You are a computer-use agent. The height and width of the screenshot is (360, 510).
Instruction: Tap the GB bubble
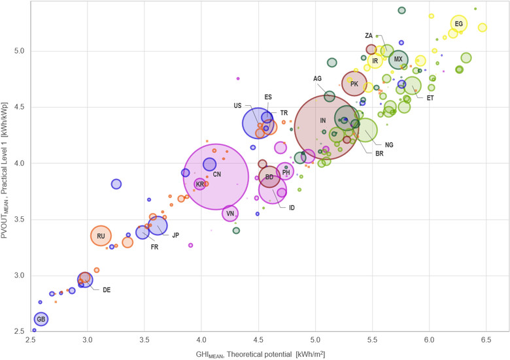(x=41, y=319)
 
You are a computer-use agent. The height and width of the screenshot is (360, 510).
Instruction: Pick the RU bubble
(x=101, y=236)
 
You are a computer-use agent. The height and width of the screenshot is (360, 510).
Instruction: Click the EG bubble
(x=459, y=24)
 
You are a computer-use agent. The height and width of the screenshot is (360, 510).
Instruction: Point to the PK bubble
(x=354, y=84)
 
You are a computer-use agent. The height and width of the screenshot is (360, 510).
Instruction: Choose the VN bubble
(x=229, y=213)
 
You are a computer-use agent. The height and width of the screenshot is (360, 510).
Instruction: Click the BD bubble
(x=269, y=177)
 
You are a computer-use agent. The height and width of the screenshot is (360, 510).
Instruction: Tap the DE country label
(x=107, y=289)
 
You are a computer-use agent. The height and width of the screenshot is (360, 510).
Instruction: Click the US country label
(x=237, y=106)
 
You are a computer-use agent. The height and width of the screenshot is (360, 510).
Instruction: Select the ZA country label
(x=369, y=35)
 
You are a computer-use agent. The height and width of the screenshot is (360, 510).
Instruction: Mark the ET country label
(x=430, y=98)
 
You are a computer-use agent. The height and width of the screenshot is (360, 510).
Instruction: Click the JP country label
(x=175, y=235)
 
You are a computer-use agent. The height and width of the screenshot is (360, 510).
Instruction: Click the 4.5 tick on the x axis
(x=259, y=342)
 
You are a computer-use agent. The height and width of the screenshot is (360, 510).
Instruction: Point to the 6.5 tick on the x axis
(x=486, y=342)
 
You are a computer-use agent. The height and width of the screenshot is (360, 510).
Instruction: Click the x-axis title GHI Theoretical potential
(x=269, y=353)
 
